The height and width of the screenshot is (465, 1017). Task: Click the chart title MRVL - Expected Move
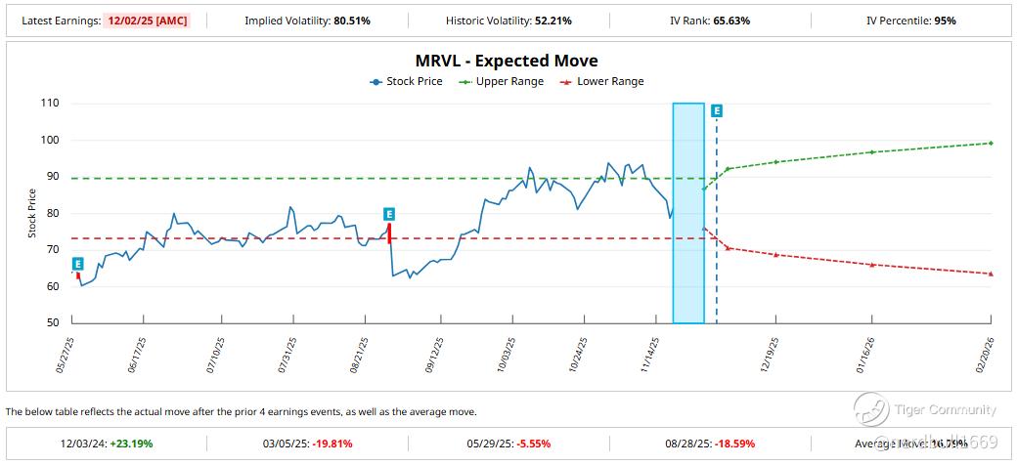(x=507, y=61)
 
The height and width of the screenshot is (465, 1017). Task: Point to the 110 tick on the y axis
(x=50, y=104)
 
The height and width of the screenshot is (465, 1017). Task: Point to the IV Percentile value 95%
(x=945, y=21)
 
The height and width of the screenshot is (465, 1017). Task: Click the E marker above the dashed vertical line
(x=717, y=111)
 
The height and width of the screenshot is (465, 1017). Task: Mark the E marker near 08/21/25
(x=389, y=214)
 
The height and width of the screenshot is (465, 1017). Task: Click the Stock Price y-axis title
(x=31, y=213)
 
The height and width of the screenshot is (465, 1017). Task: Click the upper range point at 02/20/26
(x=991, y=144)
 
